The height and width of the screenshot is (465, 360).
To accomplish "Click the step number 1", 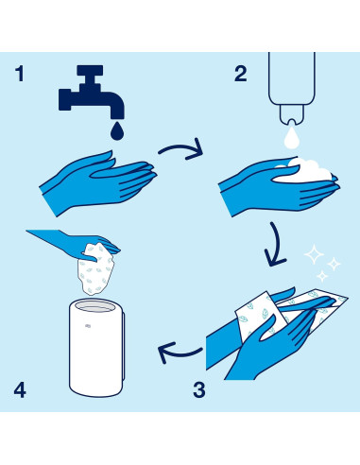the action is (20, 74).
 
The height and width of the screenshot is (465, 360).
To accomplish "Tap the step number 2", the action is (241, 74).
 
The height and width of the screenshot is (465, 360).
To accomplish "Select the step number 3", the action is (199, 389).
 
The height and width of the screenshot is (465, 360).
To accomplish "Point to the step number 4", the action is (20, 389).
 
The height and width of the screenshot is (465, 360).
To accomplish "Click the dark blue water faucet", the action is (92, 92).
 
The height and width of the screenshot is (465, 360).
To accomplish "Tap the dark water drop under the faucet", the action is (117, 130).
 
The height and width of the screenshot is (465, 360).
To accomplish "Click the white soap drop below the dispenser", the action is (291, 137).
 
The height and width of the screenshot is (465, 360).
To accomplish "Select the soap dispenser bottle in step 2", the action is (292, 88).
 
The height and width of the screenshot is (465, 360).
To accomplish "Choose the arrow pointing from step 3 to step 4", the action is (180, 353).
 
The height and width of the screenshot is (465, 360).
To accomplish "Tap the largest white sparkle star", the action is (314, 254).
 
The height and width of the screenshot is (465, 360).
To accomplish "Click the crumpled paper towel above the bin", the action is (96, 269).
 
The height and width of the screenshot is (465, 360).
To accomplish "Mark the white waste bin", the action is (96, 347).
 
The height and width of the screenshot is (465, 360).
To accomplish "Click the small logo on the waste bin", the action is (88, 326).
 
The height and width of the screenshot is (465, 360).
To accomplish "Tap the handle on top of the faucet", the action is (90, 70).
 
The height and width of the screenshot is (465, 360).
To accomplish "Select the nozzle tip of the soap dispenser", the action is (292, 122).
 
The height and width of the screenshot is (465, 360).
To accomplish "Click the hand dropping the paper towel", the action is (76, 243).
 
